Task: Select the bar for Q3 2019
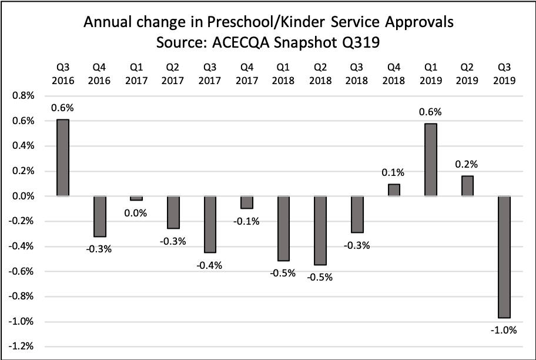(x=504, y=256)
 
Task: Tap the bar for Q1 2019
(x=431, y=159)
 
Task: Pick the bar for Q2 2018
(x=320, y=231)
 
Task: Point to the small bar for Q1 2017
(x=136, y=198)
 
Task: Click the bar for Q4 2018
(x=394, y=190)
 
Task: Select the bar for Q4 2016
(x=99, y=216)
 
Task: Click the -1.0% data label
(x=504, y=330)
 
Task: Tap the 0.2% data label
(x=467, y=165)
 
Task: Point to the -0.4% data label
(x=210, y=265)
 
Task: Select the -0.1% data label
(x=247, y=221)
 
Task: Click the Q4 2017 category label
(x=247, y=75)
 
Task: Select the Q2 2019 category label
(x=467, y=75)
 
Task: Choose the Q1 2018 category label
(x=283, y=75)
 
